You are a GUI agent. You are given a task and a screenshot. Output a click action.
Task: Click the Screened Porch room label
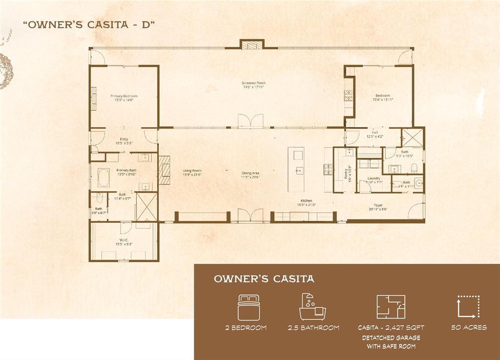(253, 83)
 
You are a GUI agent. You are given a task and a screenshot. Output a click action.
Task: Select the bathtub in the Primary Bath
(104, 178)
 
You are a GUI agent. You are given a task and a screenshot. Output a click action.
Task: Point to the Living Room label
(192, 171)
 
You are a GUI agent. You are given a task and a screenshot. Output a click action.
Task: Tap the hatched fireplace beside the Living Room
(164, 170)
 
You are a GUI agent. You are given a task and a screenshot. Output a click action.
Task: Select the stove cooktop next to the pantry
(328, 169)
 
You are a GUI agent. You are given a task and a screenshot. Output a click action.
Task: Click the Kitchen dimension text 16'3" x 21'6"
(306, 205)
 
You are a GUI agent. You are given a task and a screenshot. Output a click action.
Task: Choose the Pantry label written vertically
(346, 174)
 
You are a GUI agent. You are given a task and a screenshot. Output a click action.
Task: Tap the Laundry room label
(374, 179)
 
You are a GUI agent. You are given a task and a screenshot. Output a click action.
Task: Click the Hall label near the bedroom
(375, 132)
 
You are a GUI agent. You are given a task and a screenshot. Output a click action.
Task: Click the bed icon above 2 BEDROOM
(249, 307)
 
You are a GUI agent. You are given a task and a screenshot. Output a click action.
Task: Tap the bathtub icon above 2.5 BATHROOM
(312, 307)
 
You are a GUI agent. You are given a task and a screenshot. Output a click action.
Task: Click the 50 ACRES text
(469, 327)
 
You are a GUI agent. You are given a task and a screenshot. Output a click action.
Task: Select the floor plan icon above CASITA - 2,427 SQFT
(390, 307)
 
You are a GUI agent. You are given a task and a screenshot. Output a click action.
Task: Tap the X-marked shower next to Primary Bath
(146, 207)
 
